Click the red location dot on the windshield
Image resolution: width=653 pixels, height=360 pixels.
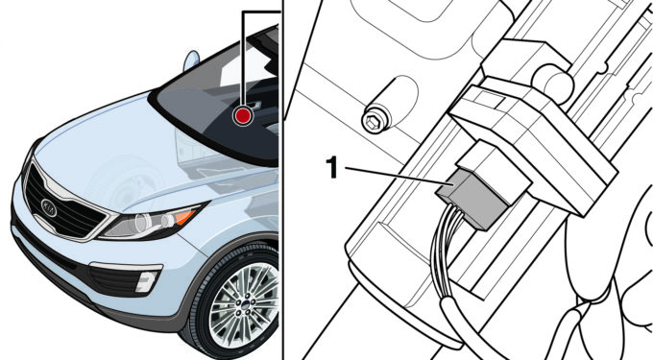tap(243, 115)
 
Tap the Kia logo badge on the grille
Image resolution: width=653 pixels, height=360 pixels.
tap(49, 207)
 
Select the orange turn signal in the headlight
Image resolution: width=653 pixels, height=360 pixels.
tap(185, 216)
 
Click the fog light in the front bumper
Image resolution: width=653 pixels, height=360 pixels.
tap(146, 281)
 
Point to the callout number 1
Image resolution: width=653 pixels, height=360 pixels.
tap(331, 168)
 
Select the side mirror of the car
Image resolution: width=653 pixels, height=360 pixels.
tap(191, 60)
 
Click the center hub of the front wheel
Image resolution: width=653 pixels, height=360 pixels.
tap(245, 307)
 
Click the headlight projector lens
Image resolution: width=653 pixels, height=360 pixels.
tap(143, 223)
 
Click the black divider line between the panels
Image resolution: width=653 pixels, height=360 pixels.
tap(282, 180)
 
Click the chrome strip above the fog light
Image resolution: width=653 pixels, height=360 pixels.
tap(126, 266)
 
